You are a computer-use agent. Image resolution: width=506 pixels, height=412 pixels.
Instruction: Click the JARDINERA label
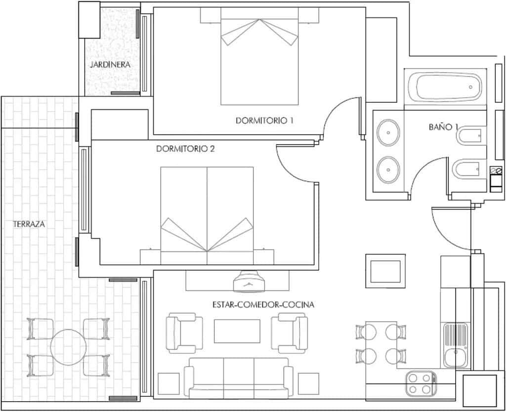point(110,65)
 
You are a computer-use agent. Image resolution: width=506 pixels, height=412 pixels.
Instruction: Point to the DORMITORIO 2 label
point(185,149)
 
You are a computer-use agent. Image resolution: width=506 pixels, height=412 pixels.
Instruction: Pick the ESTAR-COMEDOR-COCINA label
point(263,305)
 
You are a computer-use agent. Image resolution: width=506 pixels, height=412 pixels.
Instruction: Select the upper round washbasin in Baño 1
point(388,132)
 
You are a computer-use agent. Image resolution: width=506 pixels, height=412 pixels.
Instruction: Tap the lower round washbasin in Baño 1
point(388,169)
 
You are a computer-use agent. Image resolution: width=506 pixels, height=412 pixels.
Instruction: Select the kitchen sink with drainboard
point(456,345)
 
